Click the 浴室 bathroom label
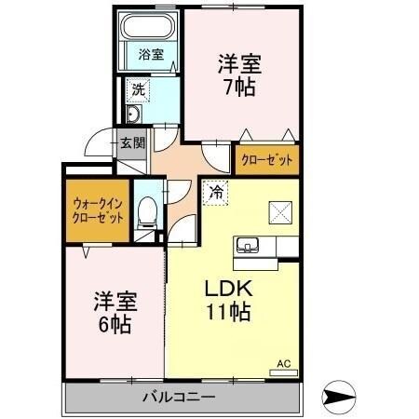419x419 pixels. (151, 54)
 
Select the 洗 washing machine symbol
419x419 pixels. (138, 90)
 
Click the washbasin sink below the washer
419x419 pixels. (133, 115)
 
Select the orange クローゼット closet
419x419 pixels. (267, 160)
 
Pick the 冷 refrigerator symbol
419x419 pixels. (215, 192)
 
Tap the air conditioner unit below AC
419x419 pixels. (285, 373)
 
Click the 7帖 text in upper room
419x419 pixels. (239, 87)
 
